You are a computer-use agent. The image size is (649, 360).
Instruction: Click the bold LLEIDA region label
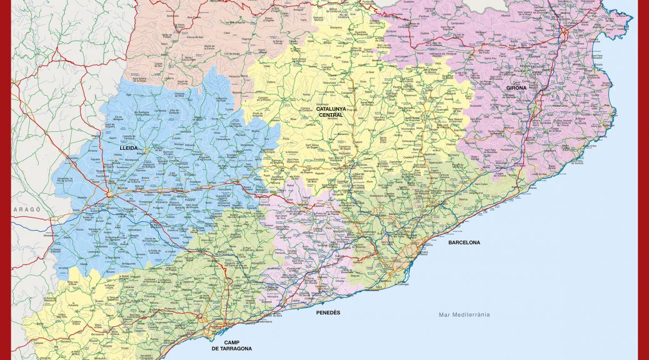tap(128, 148)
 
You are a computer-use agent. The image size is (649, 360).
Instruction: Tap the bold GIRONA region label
tap(516, 88)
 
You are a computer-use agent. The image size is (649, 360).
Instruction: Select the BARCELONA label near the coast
tap(464, 242)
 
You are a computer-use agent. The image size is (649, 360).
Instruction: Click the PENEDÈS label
tap(328, 312)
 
